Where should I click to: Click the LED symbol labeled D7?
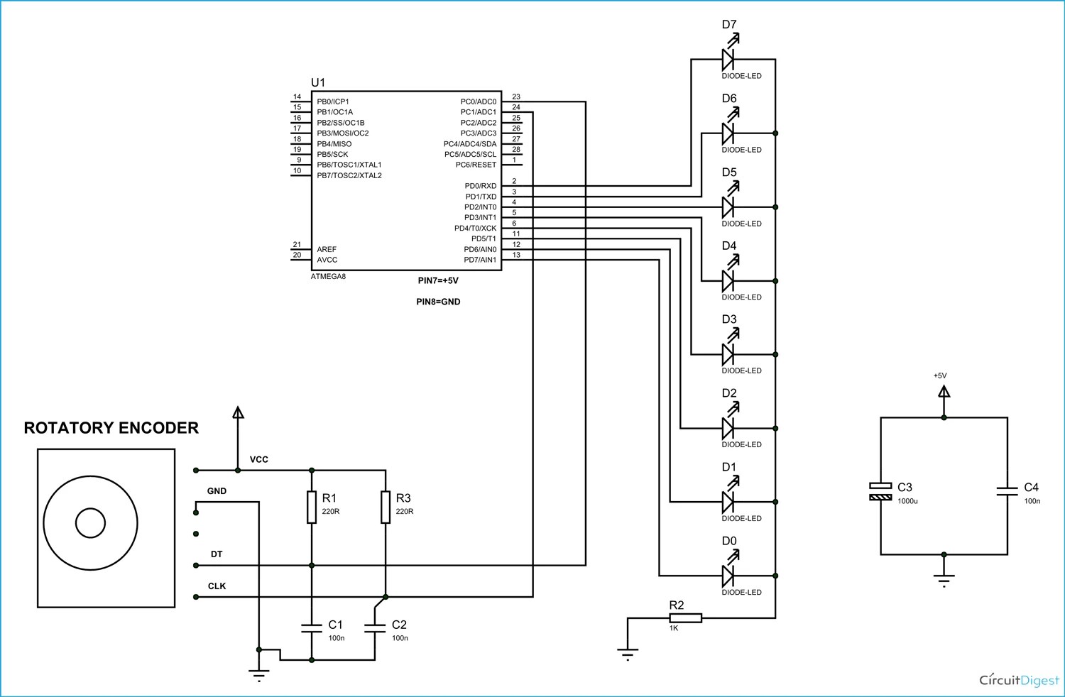[x=728, y=59]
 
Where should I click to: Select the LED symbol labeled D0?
[x=728, y=576]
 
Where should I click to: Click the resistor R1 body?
[x=312, y=507]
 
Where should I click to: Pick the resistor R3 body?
[x=386, y=507]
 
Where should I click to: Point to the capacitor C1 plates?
[x=312, y=627]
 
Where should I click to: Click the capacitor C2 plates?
[x=375, y=627]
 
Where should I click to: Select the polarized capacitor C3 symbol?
[x=880, y=491]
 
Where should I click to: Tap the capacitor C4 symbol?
[x=1007, y=490]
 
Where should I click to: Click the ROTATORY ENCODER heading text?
[x=111, y=428]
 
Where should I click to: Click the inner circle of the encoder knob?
[x=90, y=524]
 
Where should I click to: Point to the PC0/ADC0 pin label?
[x=478, y=101]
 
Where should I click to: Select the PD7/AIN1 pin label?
[x=480, y=260]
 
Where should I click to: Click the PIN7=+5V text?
[x=438, y=281]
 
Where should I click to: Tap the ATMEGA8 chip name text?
[x=328, y=276]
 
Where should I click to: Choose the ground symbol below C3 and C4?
[x=944, y=578]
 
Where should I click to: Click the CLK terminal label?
[x=217, y=586]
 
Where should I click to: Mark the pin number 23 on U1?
[x=516, y=97]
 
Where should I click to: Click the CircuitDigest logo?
[x=1019, y=680]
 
